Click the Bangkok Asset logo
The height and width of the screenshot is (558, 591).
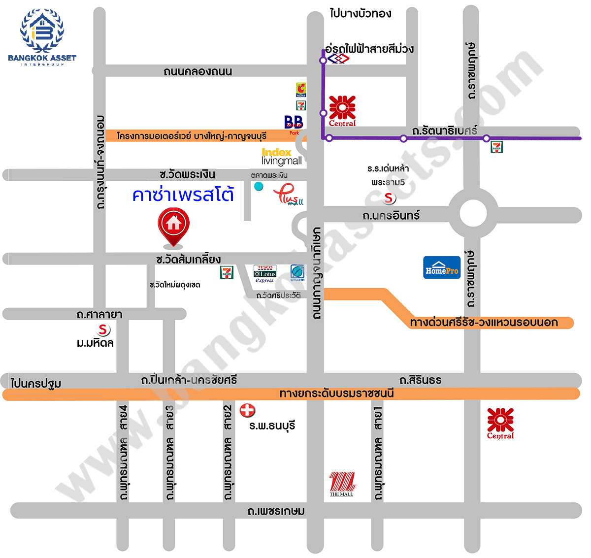(42, 37)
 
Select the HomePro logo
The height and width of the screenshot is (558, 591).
(442, 267)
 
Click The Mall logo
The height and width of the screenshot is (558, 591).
(342, 484)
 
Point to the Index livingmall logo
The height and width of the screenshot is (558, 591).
(281, 157)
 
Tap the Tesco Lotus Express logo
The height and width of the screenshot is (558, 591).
(265, 274)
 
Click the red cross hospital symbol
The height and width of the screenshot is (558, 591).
(247, 410)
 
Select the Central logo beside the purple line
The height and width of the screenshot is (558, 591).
(342, 111)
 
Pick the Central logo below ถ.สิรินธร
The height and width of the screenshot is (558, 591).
(500, 423)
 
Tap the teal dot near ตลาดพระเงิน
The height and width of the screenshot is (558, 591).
(258, 186)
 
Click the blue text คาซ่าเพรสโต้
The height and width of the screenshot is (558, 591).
(183, 195)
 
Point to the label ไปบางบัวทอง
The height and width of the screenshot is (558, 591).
(361, 13)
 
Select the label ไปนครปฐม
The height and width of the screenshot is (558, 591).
(36, 383)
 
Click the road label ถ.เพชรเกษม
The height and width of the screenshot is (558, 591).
(276, 511)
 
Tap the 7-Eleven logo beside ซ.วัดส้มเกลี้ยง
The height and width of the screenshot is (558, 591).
(227, 272)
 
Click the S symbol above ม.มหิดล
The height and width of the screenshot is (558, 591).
(103, 329)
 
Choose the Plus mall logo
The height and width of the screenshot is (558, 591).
(289, 194)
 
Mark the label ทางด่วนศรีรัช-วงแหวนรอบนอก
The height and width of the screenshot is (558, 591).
(484, 323)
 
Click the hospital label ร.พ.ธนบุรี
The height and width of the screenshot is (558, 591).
(272, 426)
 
